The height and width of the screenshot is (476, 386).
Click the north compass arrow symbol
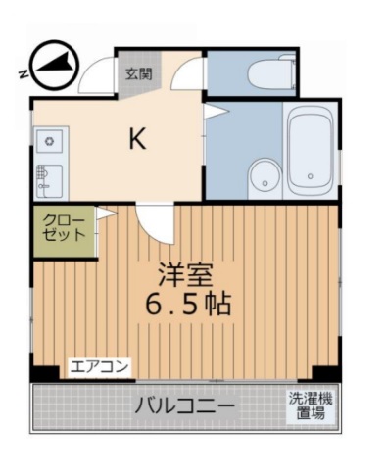click(x=51, y=65)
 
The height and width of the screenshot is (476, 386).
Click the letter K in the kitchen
click(x=138, y=140)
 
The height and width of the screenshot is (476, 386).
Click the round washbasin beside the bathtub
click(x=262, y=177)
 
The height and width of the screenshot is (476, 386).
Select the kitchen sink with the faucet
click(x=47, y=181)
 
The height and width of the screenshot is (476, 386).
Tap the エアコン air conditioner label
click(x=98, y=368)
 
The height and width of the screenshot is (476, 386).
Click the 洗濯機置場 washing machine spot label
click(x=309, y=406)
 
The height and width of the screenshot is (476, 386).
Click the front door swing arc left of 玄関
click(x=98, y=76)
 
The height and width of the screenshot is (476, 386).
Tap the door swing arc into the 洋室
click(x=155, y=222)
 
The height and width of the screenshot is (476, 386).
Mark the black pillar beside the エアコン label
click(x=43, y=372)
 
